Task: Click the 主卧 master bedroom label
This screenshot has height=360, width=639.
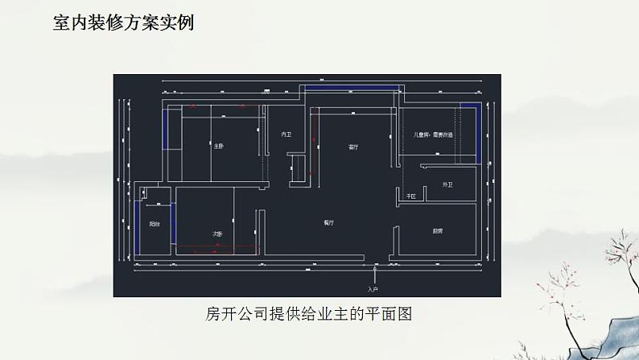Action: pyautogui.click(x=218, y=147)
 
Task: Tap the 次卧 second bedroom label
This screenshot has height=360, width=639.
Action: pyautogui.click(x=217, y=234)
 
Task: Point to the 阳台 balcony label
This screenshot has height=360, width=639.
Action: pyautogui.click(x=154, y=225)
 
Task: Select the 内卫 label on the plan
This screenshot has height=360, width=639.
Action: pyautogui.click(x=285, y=134)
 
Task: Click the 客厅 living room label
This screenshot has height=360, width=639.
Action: pyautogui.click(x=353, y=147)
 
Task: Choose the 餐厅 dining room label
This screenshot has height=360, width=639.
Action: pyautogui.click(x=329, y=221)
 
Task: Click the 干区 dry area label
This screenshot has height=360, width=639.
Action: pyautogui.click(x=410, y=196)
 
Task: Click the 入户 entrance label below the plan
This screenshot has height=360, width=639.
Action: pyautogui.click(x=372, y=288)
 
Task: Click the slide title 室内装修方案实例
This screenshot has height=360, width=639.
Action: pyautogui.click(x=123, y=23)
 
